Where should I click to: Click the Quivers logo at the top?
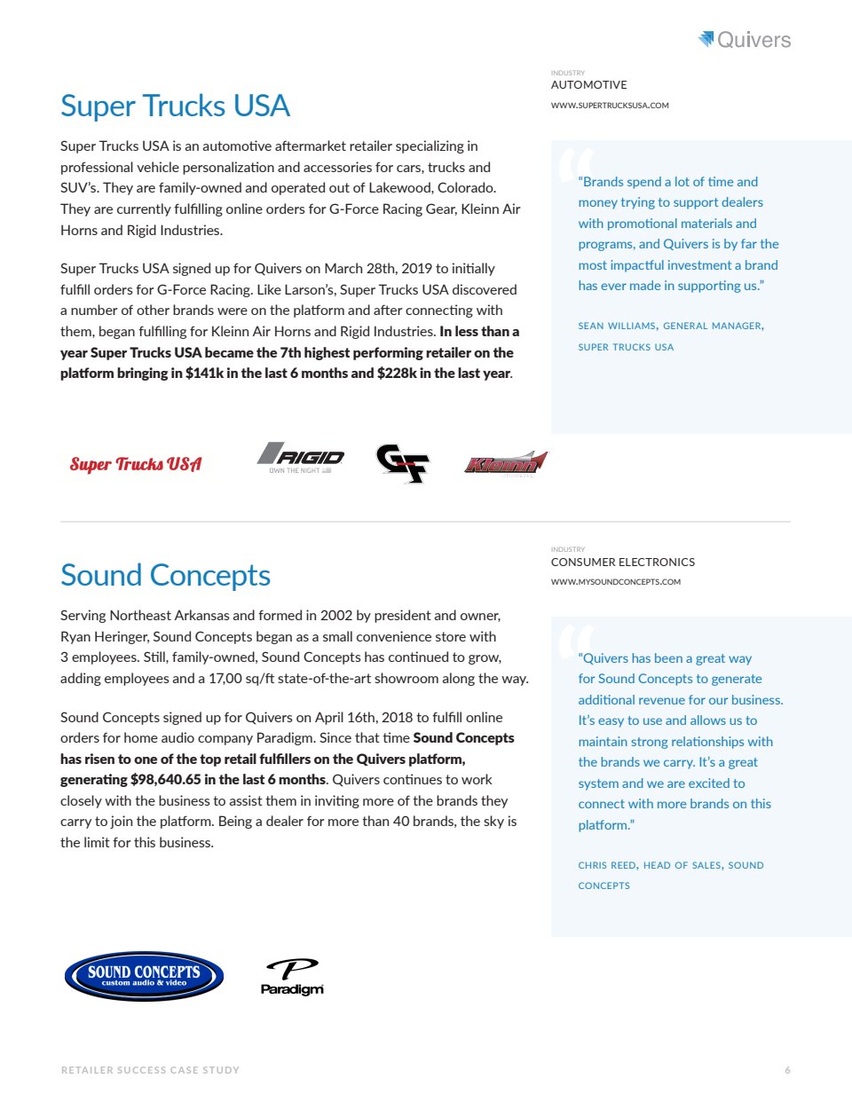coord(745,39)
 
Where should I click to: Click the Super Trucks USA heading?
coord(175,106)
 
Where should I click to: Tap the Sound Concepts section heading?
coord(165,575)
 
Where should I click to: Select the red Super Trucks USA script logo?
coord(136,464)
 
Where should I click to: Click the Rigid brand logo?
coord(301,457)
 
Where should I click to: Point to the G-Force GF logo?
coord(403,462)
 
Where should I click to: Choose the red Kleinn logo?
coord(505,463)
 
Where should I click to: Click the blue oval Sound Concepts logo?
coord(144,976)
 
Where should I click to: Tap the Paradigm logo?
coord(292,977)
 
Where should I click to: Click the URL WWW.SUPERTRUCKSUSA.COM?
coord(610,106)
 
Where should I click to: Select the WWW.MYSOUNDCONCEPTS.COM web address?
coord(615,582)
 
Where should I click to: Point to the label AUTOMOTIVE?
coord(588,85)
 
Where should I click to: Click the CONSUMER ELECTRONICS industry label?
coord(622,563)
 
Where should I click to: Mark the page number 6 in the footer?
coord(787,1070)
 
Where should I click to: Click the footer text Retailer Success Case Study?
coord(150,1070)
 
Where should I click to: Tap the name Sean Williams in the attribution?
coord(617,327)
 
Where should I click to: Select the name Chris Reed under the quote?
coord(607,865)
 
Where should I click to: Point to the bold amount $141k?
coord(204,374)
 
